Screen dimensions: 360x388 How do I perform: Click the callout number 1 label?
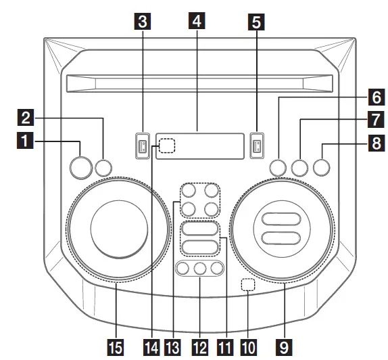point(24,141)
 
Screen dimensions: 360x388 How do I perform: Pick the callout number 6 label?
point(372,97)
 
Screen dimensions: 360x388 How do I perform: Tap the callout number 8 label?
point(372,142)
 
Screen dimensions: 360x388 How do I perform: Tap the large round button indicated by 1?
point(80,166)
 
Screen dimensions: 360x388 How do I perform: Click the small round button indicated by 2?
point(103,167)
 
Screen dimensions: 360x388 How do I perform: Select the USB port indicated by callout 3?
point(142,145)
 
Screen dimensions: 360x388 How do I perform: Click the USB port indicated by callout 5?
point(256,145)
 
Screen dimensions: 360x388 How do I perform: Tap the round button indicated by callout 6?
point(277,166)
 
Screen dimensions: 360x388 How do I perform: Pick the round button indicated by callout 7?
point(301,166)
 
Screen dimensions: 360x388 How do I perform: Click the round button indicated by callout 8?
point(323,166)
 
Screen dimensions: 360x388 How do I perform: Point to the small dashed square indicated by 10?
point(249,286)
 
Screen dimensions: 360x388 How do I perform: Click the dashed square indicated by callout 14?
point(166,145)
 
